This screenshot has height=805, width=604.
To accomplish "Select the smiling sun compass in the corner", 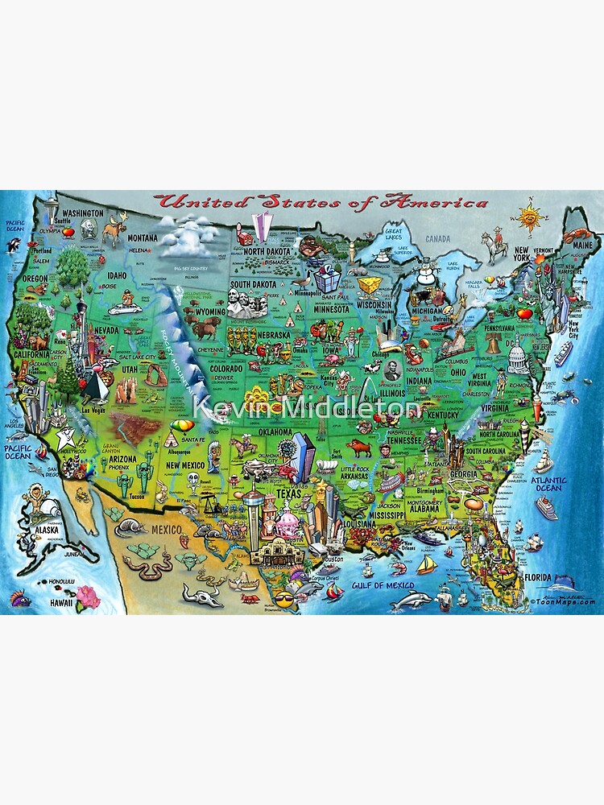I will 530,216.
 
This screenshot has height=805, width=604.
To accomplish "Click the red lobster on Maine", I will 573,235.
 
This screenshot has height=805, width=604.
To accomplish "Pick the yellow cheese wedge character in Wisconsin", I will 370,287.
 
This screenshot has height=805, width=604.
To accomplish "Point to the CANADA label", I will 437,238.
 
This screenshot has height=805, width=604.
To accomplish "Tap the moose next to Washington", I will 113,232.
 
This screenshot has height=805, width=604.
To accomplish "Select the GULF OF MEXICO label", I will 383,585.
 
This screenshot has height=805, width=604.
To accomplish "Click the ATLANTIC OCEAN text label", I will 548,485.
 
